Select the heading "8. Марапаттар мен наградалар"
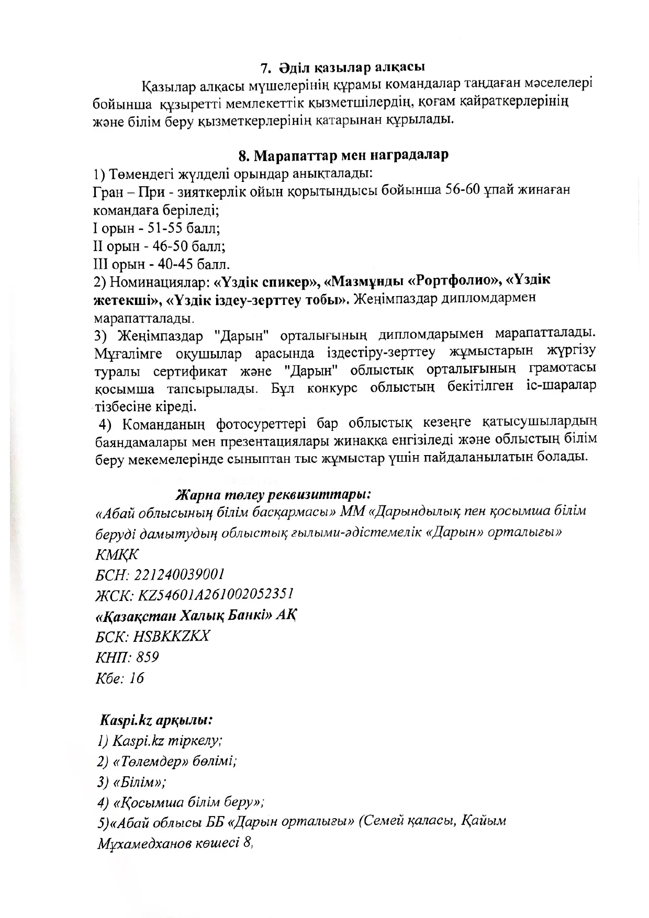click(x=343, y=155)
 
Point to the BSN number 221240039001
click(x=180, y=574)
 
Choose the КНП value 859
click(x=147, y=657)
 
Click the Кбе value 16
click(x=136, y=678)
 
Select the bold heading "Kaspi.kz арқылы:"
click(x=156, y=720)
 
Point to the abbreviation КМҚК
click(x=117, y=553)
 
